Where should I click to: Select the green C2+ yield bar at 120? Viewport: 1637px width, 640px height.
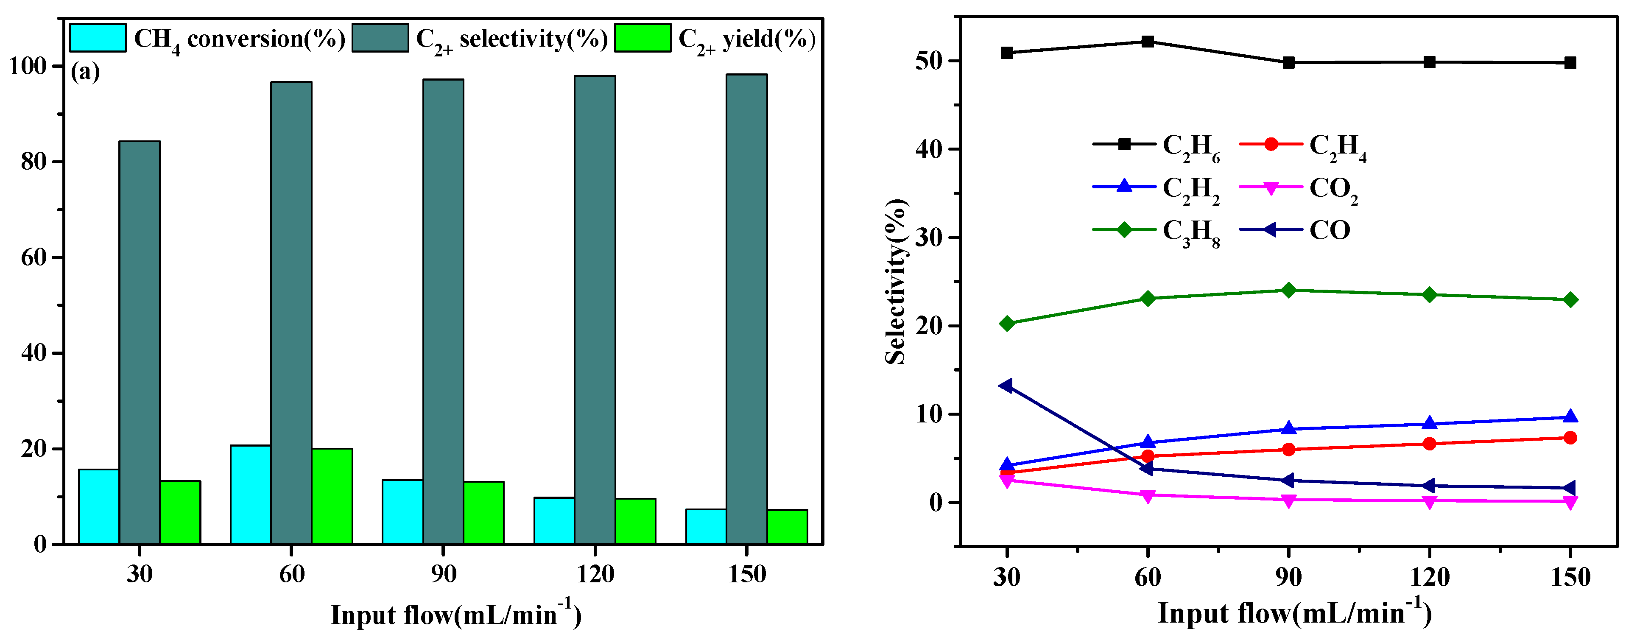click(x=635, y=521)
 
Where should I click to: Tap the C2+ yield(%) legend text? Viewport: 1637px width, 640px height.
click(x=747, y=39)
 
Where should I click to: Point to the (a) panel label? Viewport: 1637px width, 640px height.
click(x=85, y=73)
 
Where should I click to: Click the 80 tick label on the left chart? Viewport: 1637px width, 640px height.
click(x=34, y=162)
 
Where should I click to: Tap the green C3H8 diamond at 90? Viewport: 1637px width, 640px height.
click(x=1289, y=291)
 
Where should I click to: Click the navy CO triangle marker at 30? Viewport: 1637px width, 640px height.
click(x=1006, y=386)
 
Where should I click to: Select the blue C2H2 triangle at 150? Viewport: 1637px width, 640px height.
click(x=1570, y=417)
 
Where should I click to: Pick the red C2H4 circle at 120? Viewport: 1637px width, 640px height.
click(x=1429, y=444)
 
